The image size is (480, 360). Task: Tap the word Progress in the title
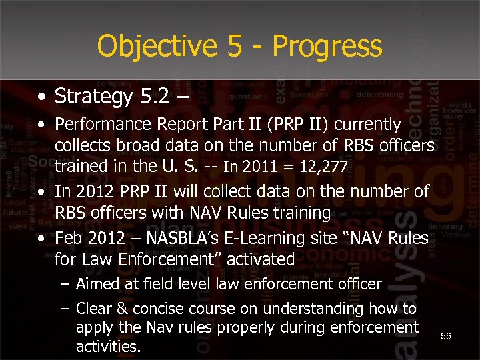point(327,46)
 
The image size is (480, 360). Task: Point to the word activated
point(261,259)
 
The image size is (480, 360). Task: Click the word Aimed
point(97,285)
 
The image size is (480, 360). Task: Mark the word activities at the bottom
point(108,347)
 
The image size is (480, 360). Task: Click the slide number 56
point(446,337)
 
